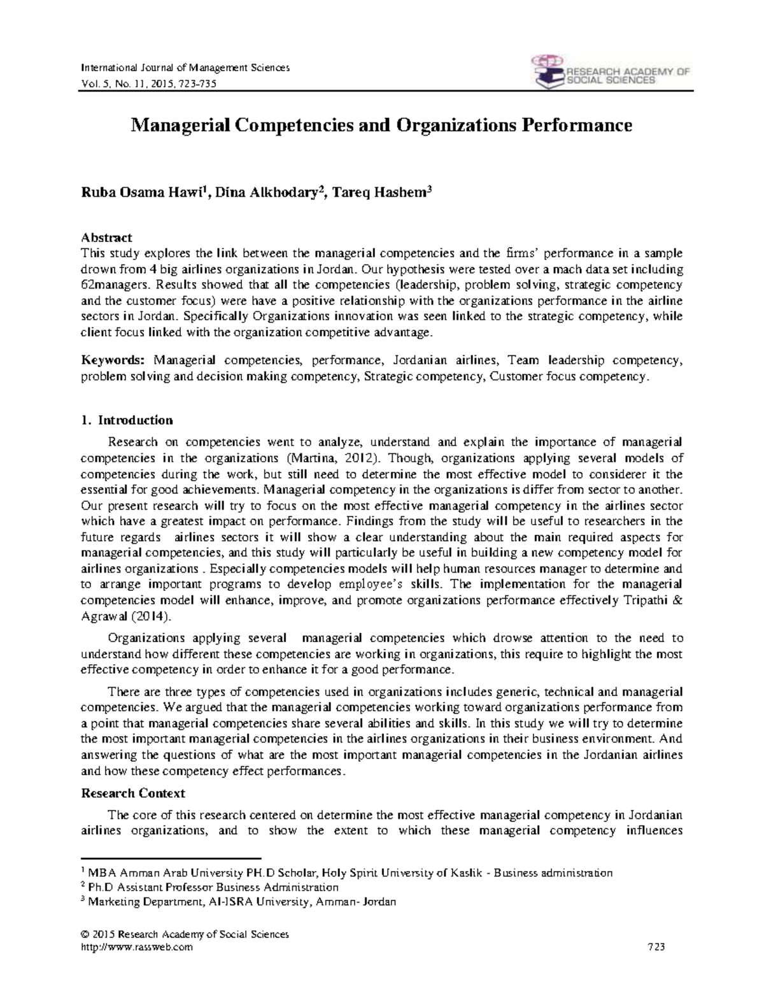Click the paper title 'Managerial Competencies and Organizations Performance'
pyautogui.click(x=381, y=125)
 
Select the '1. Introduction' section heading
pyautogui.click(x=127, y=420)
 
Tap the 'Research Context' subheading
pyautogui.click(x=133, y=793)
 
